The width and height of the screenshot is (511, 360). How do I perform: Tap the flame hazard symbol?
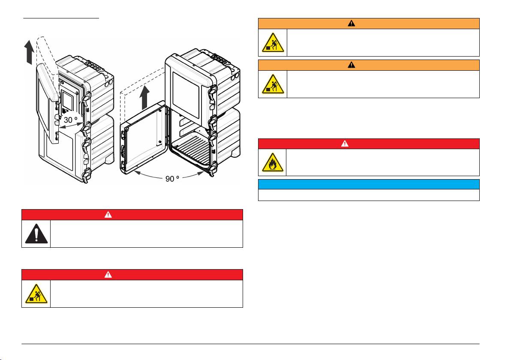pos(272,162)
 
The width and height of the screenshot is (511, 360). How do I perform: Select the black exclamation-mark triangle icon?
pos(36,234)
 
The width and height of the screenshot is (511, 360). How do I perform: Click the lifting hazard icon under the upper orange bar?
pos(272,42)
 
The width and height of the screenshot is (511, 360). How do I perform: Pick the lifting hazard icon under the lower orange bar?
pos(272,84)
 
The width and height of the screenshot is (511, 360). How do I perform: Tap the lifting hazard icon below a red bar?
pos(36,294)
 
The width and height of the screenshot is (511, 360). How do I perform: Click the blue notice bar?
pos(368,184)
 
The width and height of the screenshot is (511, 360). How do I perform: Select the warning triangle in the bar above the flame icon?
pos(345,144)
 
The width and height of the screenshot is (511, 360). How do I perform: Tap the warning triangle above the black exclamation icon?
pos(108,214)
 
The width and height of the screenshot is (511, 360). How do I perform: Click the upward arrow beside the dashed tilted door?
pos(28,52)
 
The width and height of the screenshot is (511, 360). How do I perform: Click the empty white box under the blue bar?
pos(368,195)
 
